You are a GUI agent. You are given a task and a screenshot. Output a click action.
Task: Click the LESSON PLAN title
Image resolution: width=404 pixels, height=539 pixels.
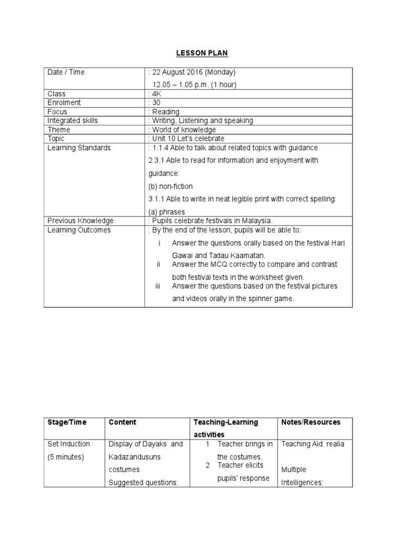[202, 53]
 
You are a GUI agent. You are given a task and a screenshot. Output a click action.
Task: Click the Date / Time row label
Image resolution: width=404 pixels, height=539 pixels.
[66, 72]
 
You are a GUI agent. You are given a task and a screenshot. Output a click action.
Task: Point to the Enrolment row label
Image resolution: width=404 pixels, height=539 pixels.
[64, 103]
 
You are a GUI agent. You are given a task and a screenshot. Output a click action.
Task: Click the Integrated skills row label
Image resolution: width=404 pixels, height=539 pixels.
[73, 121]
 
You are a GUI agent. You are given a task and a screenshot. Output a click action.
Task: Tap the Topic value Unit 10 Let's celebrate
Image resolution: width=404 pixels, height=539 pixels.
[185, 138]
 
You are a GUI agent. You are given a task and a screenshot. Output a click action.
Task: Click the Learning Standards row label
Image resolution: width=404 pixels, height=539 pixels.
[79, 148]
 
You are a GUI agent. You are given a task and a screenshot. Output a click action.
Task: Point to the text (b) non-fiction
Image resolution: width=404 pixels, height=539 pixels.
[170, 186]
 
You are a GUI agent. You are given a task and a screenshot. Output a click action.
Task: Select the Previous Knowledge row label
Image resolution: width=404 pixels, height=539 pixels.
[80, 221]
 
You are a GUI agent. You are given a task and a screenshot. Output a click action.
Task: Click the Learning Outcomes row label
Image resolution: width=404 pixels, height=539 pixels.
[79, 230]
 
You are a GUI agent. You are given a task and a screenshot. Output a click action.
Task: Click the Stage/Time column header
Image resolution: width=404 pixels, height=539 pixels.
[67, 422]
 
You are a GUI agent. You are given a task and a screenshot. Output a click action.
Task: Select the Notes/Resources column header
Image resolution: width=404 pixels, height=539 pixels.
[311, 422]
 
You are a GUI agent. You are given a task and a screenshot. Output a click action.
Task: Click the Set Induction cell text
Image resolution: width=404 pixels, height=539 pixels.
[68, 444]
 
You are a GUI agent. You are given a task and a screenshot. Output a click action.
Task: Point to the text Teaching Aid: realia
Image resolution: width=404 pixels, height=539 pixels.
[313, 444]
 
